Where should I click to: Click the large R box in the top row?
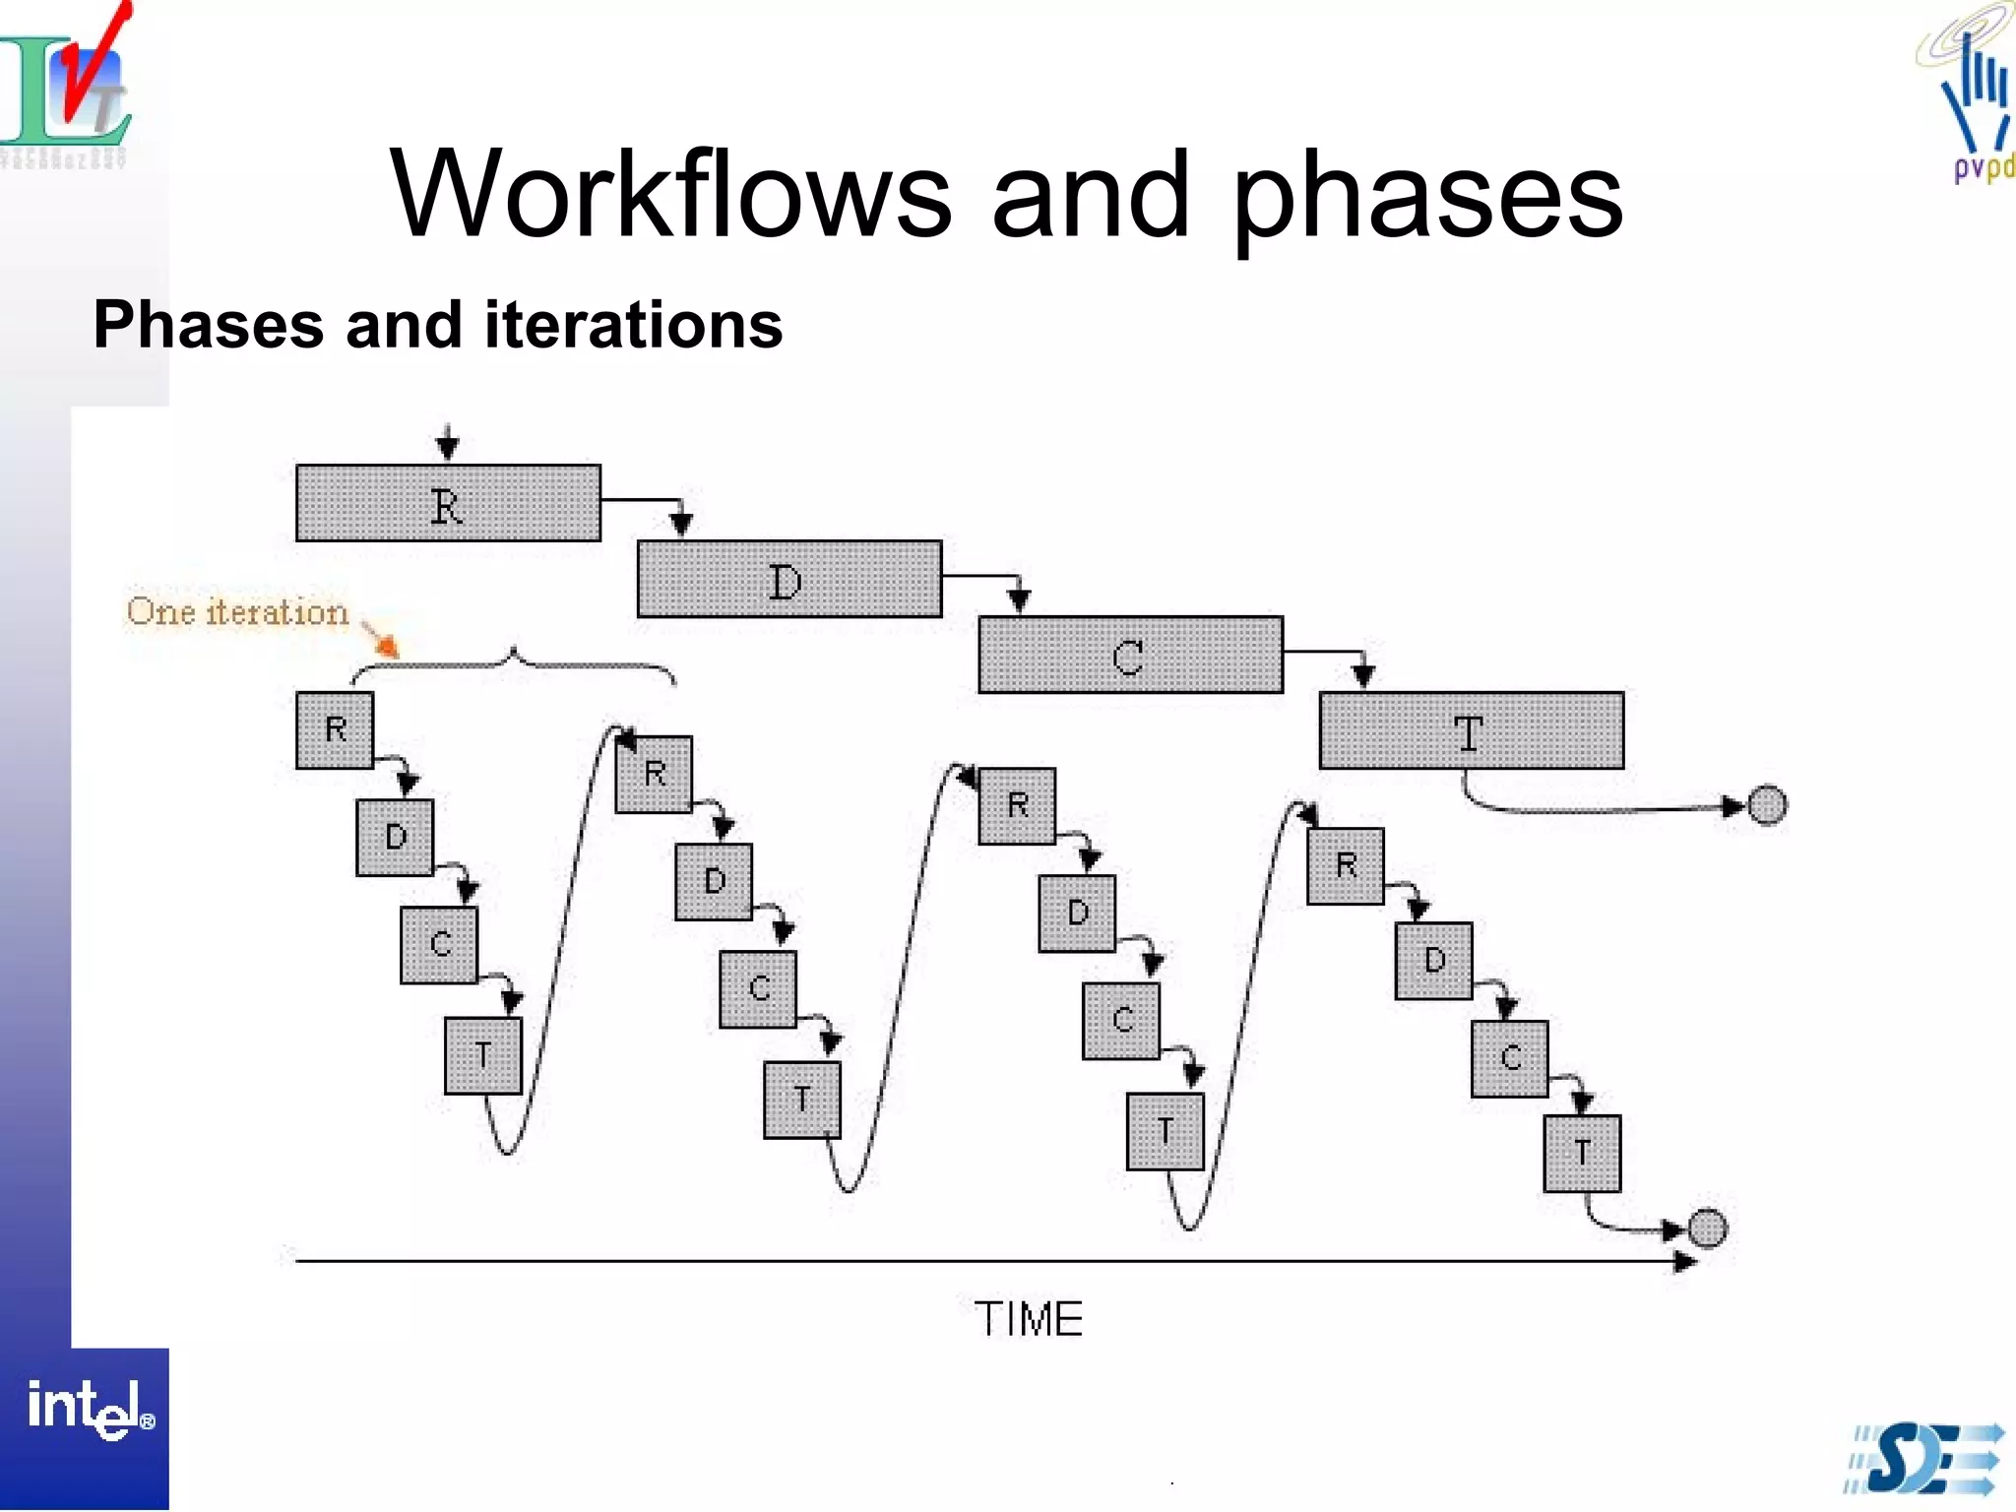click(x=448, y=503)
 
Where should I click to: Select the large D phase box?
click(x=789, y=579)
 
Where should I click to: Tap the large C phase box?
click(x=1130, y=655)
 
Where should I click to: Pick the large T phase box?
click(x=1471, y=730)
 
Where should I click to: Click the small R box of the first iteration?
click(x=335, y=730)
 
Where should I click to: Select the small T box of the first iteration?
click(x=482, y=1056)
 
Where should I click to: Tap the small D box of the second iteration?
click(x=714, y=882)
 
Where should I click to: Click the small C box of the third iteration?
click(x=1121, y=1021)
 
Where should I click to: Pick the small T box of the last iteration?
click(x=1582, y=1154)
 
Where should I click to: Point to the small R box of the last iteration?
click(x=1346, y=866)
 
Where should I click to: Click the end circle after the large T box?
click(x=1767, y=805)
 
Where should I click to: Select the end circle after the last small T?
click(x=1708, y=1228)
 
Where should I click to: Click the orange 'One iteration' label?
click(x=237, y=612)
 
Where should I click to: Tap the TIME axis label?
click(x=1028, y=1319)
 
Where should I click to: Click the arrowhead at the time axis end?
click(x=1685, y=1261)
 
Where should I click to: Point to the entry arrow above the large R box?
click(x=448, y=444)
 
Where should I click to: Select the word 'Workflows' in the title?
click(x=670, y=194)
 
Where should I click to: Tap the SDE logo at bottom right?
click(x=1924, y=1459)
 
